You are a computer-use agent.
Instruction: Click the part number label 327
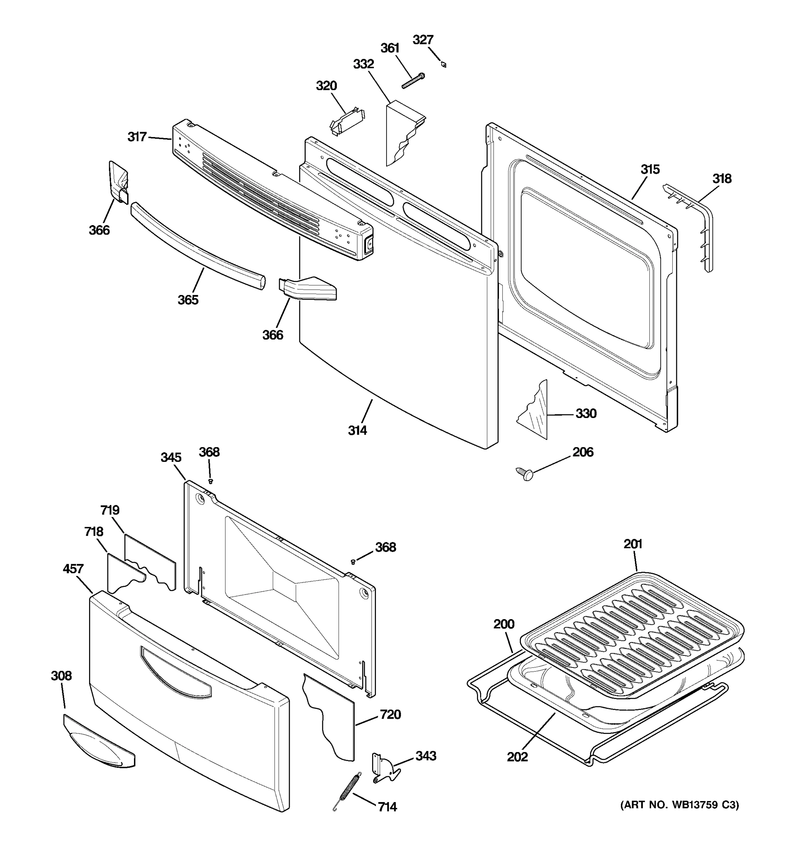[x=423, y=40]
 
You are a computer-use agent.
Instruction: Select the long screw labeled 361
[x=413, y=81]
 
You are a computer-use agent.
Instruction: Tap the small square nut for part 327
[x=444, y=64]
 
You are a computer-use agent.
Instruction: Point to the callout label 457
[x=73, y=569]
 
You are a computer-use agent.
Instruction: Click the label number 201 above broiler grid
[x=632, y=544]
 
